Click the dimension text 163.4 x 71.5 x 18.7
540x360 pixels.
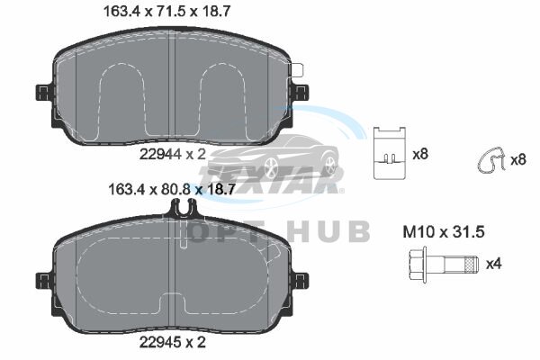coord(167,12)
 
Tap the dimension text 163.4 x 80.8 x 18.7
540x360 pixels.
coord(172,189)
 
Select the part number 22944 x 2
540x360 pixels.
coord(172,154)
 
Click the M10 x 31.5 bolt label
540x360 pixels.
coord(444,232)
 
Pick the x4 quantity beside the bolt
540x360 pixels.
coord(494,265)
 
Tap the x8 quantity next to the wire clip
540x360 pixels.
coord(518,160)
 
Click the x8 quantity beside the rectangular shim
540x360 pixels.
coord(420,154)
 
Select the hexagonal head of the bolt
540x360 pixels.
coord(418,265)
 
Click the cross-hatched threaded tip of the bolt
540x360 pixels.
coord(471,265)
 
